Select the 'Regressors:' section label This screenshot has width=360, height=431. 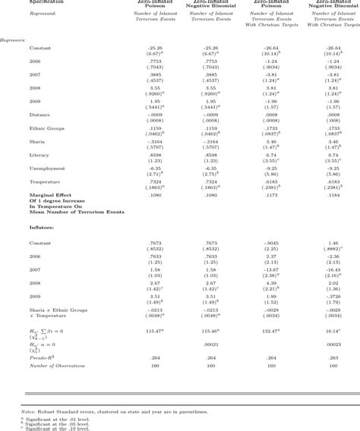(14, 39)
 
